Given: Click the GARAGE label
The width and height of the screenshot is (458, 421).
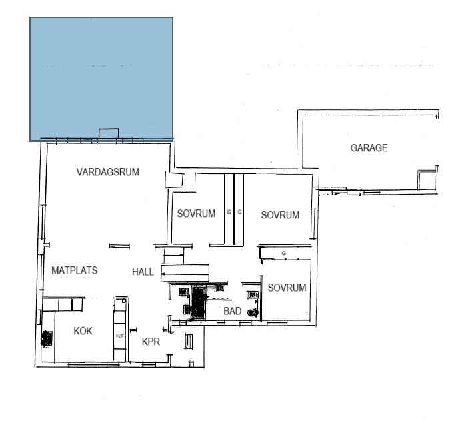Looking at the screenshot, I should click(369, 148).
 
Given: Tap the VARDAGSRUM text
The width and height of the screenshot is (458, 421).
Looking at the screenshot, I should click(107, 172).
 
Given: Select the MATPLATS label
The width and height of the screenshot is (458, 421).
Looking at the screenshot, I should click(75, 271).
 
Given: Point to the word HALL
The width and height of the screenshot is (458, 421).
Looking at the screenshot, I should click(143, 272).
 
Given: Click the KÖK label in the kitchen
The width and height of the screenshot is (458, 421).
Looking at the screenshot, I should click(82, 331).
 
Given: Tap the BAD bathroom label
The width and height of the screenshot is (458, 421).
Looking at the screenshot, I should click(232, 312).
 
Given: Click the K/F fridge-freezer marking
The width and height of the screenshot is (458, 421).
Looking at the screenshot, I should click(121, 336).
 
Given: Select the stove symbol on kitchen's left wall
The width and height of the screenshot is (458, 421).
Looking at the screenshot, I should click(47, 338).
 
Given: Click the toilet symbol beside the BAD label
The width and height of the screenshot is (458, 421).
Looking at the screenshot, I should click(253, 312).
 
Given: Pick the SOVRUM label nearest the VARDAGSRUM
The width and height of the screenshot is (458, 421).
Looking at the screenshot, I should click(196, 214).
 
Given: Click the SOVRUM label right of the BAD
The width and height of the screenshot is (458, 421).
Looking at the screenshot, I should click(287, 288).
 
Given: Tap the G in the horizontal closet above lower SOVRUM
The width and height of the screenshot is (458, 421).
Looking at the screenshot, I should click(284, 254).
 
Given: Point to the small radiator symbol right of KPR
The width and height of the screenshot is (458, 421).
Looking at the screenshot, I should click(188, 342).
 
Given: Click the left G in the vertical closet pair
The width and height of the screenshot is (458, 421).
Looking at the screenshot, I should click(229, 212).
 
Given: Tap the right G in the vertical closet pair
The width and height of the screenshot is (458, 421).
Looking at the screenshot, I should click(239, 212).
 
